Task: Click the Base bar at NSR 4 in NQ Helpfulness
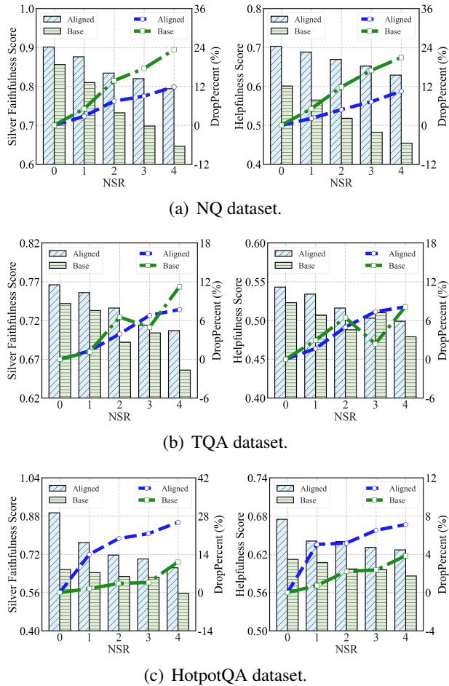[x=405, y=153]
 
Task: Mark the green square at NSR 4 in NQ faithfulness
[x=174, y=50]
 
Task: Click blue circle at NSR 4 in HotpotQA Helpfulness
[x=405, y=524]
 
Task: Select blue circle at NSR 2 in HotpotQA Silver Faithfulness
[x=119, y=539]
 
